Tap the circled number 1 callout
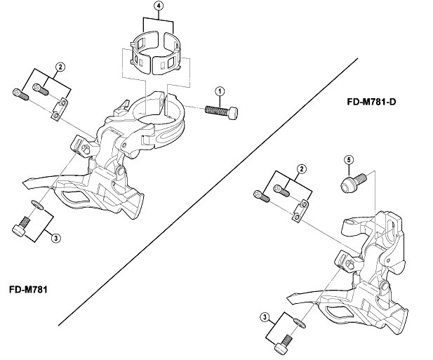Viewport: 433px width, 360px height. point(220,91)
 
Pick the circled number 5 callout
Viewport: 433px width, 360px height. point(348,160)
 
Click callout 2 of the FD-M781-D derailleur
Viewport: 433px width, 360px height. point(302,168)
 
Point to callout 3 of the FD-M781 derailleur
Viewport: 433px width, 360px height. point(56,238)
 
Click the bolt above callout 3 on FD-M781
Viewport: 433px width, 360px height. point(20,228)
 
